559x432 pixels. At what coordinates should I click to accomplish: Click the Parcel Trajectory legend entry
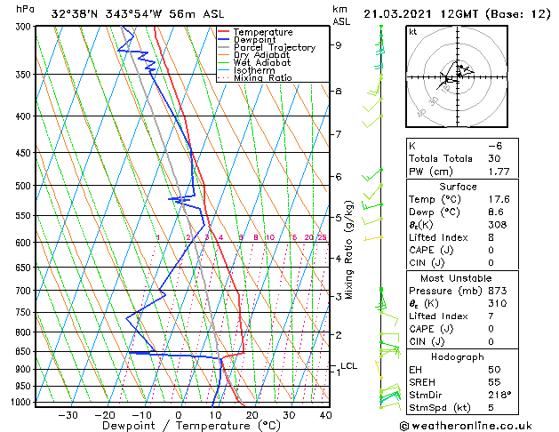274,47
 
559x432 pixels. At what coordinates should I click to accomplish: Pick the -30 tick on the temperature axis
68,415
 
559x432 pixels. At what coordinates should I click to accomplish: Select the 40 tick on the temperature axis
325,415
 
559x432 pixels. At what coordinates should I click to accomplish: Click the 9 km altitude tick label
338,45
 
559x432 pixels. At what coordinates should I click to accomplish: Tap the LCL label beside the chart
348,365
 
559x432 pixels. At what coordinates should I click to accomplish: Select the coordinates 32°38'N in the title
76,13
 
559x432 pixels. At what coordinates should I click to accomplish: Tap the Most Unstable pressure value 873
498,291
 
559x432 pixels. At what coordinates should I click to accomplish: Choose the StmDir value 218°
500,394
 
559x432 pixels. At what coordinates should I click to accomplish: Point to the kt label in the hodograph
412,32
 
